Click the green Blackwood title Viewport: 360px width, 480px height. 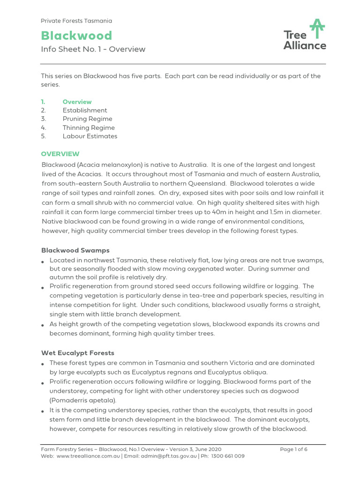(x=76, y=36)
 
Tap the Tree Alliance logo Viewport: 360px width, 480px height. (x=305, y=35)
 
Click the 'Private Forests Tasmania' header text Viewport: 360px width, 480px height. (x=76, y=21)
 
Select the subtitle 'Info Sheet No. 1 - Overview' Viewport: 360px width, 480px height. (x=93, y=49)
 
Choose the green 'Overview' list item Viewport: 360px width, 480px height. (x=77, y=102)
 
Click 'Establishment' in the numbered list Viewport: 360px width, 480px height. (x=85, y=110)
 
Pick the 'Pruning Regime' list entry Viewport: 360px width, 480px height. (x=87, y=119)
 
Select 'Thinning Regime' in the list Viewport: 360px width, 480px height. (x=89, y=127)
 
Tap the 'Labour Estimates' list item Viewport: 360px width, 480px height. (x=90, y=136)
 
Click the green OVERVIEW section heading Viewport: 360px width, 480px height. (x=60, y=154)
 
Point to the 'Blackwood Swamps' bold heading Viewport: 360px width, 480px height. (x=75, y=250)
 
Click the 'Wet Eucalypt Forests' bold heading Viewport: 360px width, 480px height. (x=78, y=352)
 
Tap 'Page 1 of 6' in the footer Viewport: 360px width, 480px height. (x=293, y=449)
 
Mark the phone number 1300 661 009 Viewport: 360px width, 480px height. (x=227, y=456)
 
